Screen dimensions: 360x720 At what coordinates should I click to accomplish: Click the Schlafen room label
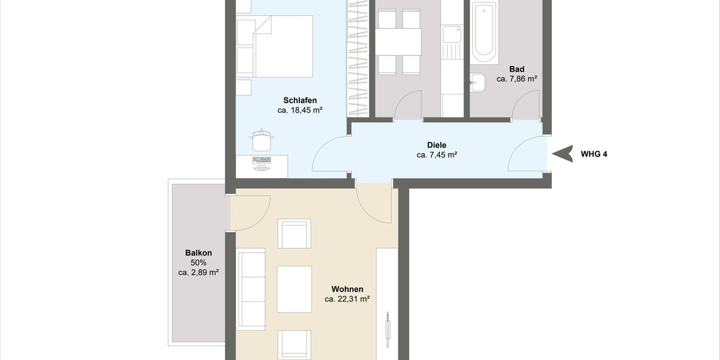(300, 100)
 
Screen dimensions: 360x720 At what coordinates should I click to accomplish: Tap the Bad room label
(516, 68)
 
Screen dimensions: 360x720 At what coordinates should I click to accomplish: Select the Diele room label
(437, 145)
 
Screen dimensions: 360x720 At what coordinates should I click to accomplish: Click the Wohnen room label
(347, 289)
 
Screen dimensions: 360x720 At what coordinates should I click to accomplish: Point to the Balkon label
(198, 253)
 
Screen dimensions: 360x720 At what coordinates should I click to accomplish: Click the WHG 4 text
(594, 154)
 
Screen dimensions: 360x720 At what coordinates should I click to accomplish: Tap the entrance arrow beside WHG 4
(562, 154)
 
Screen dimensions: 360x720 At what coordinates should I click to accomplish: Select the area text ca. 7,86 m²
(516, 79)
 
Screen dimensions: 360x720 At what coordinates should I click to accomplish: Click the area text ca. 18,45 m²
(300, 110)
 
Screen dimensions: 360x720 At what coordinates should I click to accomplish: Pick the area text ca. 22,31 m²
(347, 299)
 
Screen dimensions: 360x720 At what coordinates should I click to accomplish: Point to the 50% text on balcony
(198, 262)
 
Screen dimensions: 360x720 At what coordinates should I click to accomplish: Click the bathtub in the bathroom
(484, 33)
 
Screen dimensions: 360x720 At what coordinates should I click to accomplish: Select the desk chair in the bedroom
(262, 140)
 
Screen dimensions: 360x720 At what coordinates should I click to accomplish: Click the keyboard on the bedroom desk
(262, 160)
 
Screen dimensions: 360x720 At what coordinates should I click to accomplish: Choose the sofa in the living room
(251, 290)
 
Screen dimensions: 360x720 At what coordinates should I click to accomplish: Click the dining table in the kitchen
(399, 41)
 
